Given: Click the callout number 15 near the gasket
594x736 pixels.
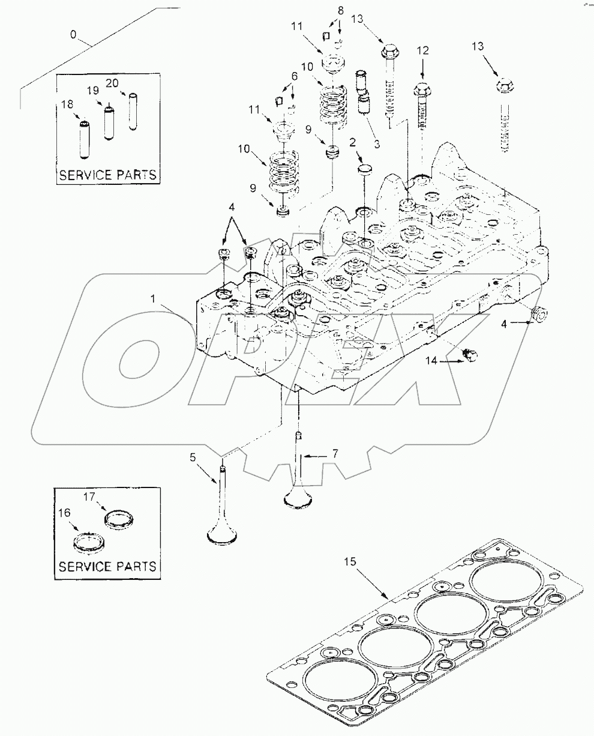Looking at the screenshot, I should pyautogui.click(x=350, y=563).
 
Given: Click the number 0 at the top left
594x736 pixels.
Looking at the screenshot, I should pyautogui.click(x=73, y=35).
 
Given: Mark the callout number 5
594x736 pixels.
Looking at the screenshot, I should pyautogui.click(x=193, y=458).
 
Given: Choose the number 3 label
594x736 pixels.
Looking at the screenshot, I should pyautogui.click(x=377, y=145).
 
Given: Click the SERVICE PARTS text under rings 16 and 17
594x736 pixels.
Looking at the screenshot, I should pyautogui.click(x=107, y=566).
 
